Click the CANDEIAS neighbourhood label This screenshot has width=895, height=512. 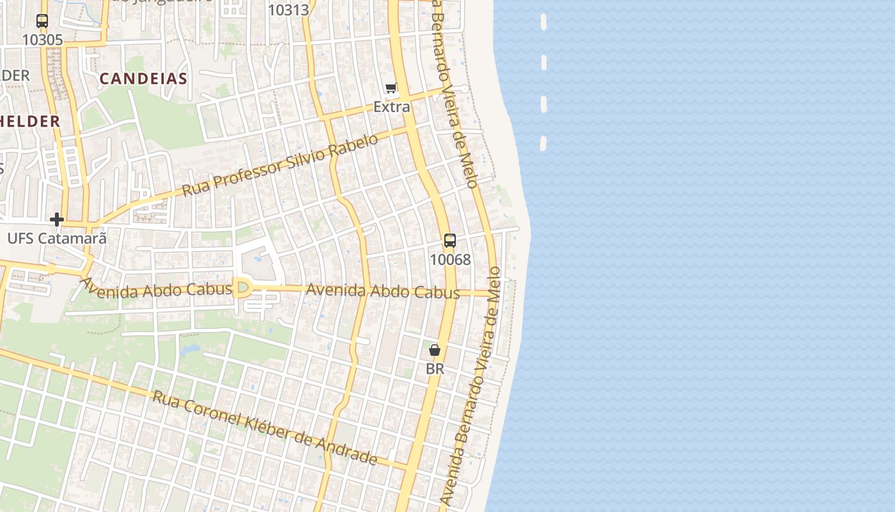click(143, 79)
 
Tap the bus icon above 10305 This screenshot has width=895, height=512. click(42, 21)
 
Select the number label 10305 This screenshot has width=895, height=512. click(42, 40)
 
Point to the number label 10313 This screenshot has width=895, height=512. click(288, 10)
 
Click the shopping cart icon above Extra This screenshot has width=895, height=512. click(391, 88)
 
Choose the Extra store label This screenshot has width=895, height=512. click(391, 106)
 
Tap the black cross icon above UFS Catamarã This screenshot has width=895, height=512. click(57, 220)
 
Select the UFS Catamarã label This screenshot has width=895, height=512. click(57, 238)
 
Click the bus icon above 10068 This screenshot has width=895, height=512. click(450, 241)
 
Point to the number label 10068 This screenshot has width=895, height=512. click(450, 259)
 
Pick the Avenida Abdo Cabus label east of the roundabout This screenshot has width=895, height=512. click(383, 291)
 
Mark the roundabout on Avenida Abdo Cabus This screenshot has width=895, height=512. click(242, 288)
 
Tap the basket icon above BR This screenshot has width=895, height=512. click(435, 350)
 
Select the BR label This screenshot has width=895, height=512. click(435, 369)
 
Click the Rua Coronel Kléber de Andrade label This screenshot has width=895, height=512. click(265, 427)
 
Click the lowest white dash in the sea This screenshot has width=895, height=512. click(543, 143)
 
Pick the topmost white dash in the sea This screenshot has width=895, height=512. click(543, 22)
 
